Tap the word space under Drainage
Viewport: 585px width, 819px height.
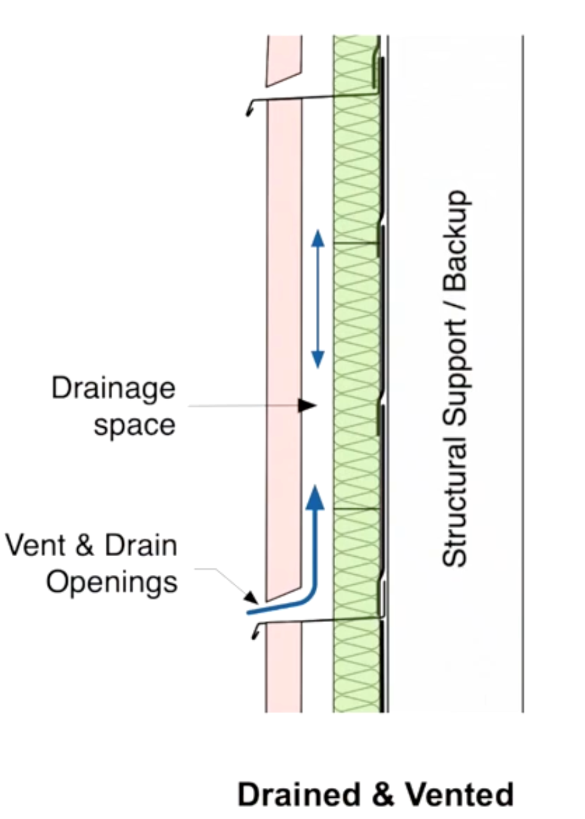pyautogui.click(x=134, y=426)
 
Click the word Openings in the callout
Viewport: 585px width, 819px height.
pyautogui.click(x=112, y=583)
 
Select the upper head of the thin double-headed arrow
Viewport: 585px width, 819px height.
pyautogui.click(x=318, y=238)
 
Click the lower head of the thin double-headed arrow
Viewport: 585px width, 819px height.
pyautogui.click(x=318, y=359)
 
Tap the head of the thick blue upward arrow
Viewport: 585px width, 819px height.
pyautogui.click(x=316, y=496)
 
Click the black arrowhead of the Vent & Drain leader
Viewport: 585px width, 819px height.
pyautogui.click(x=252, y=599)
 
